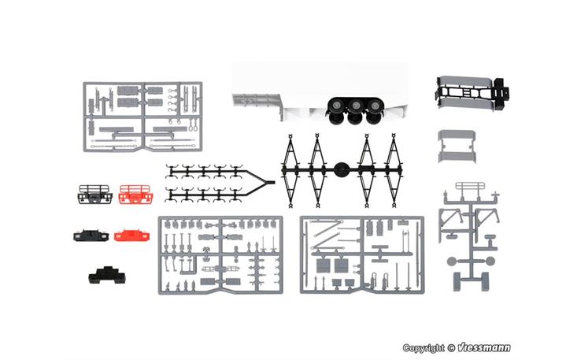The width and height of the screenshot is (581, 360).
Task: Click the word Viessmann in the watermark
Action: click(x=484, y=347)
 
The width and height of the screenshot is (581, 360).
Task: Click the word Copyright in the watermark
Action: click(x=424, y=348)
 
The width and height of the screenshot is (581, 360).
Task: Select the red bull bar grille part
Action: click(x=135, y=195)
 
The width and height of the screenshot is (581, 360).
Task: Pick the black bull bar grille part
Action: click(x=94, y=195)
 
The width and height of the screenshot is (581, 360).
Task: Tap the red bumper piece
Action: click(x=132, y=236)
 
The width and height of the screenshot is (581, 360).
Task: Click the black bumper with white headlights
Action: click(x=91, y=236)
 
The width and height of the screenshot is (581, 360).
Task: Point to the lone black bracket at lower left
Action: click(x=107, y=275)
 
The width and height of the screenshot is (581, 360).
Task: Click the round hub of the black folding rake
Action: click(x=341, y=170)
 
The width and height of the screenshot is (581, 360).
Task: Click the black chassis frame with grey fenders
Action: click(x=472, y=93)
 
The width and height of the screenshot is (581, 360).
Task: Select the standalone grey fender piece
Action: click(x=457, y=147)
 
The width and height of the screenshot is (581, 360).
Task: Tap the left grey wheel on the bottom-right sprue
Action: click(x=457, y=281)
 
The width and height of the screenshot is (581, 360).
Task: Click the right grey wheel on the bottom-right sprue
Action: click(x=485, y=281)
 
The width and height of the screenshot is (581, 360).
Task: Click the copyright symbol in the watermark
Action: click(x=451, y=348)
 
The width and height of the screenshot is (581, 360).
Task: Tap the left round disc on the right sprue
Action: click(x=451, y=261)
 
